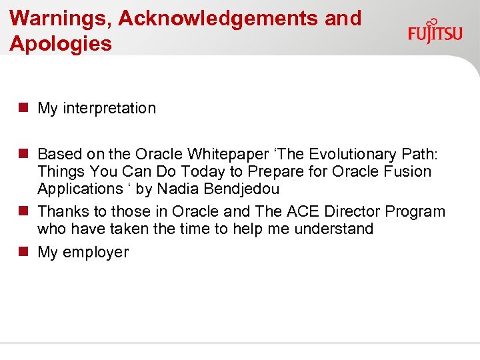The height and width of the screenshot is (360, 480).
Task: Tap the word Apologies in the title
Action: [x=61, y=44]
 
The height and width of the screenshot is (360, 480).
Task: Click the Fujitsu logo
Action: [x=435, y=31]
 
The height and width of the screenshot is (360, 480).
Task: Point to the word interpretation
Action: [x=109, y=108]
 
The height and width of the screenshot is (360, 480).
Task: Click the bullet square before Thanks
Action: [x=23, y=211]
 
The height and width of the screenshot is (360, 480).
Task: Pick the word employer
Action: [x=96, y=252]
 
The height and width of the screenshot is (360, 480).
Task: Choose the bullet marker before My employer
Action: [x=23, y=252]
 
